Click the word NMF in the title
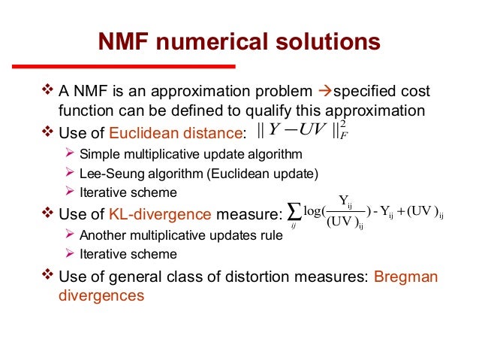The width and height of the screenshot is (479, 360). click(123, 43)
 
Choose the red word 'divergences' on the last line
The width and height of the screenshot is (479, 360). click(101, 295)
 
